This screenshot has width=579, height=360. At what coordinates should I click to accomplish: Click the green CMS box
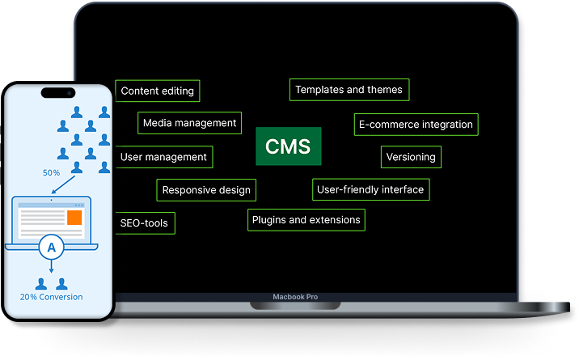click(289, 146)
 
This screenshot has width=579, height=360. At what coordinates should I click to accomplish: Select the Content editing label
click(158, 91)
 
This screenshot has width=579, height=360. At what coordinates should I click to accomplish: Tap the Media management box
click(190, 123)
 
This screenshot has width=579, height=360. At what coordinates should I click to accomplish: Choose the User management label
click(164, 157)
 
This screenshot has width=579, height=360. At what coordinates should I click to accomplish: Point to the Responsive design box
click(206, 190)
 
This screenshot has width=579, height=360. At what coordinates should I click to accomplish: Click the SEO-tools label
click(145, 222)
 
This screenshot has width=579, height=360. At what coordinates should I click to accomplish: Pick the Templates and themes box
click(349, 90)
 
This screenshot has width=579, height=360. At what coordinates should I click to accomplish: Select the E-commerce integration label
click(416, 125)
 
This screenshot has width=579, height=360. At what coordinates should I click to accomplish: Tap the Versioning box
click(411, 157)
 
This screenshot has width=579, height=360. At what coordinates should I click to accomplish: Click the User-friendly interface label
click(370, 189)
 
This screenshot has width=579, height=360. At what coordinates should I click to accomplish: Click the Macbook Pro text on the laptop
click(295, 298)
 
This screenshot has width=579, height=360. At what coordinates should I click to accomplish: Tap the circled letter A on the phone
click(51, 248)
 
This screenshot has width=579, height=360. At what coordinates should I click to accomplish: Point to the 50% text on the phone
click(51, 172)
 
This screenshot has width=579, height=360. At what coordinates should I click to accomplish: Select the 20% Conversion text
click(51, 297)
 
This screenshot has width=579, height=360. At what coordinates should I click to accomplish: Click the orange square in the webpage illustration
click(74, 218)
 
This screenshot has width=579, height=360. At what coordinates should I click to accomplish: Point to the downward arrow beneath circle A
click(51, 269)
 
